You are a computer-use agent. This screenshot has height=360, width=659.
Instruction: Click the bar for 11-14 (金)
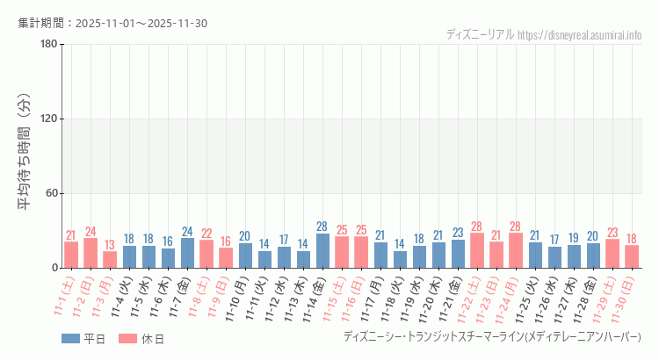322,250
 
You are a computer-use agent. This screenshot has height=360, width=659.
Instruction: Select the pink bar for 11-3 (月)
110,260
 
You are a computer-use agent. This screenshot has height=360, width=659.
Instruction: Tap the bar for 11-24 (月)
516,250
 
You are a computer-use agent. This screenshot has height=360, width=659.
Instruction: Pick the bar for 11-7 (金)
187,253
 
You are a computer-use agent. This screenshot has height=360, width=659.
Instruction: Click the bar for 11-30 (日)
632,256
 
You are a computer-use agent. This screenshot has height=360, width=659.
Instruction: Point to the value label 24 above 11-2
91,232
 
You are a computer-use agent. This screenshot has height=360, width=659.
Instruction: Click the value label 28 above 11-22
477,227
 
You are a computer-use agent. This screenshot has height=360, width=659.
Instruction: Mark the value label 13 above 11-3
110,245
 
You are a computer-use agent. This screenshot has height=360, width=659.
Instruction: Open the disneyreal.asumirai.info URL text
580,35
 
